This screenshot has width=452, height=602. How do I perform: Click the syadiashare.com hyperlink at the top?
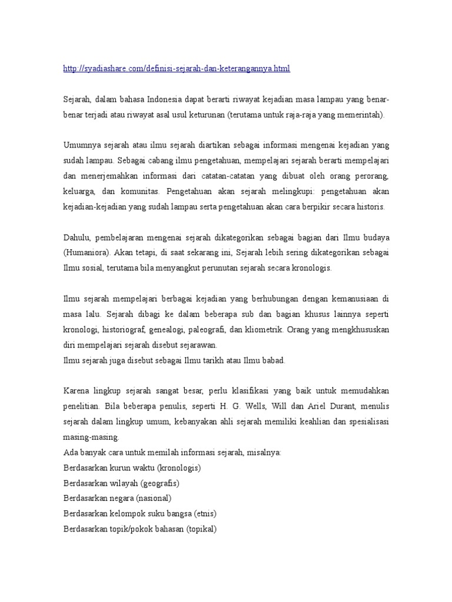[177, 69]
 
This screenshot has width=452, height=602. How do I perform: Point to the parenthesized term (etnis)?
[205, 514]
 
